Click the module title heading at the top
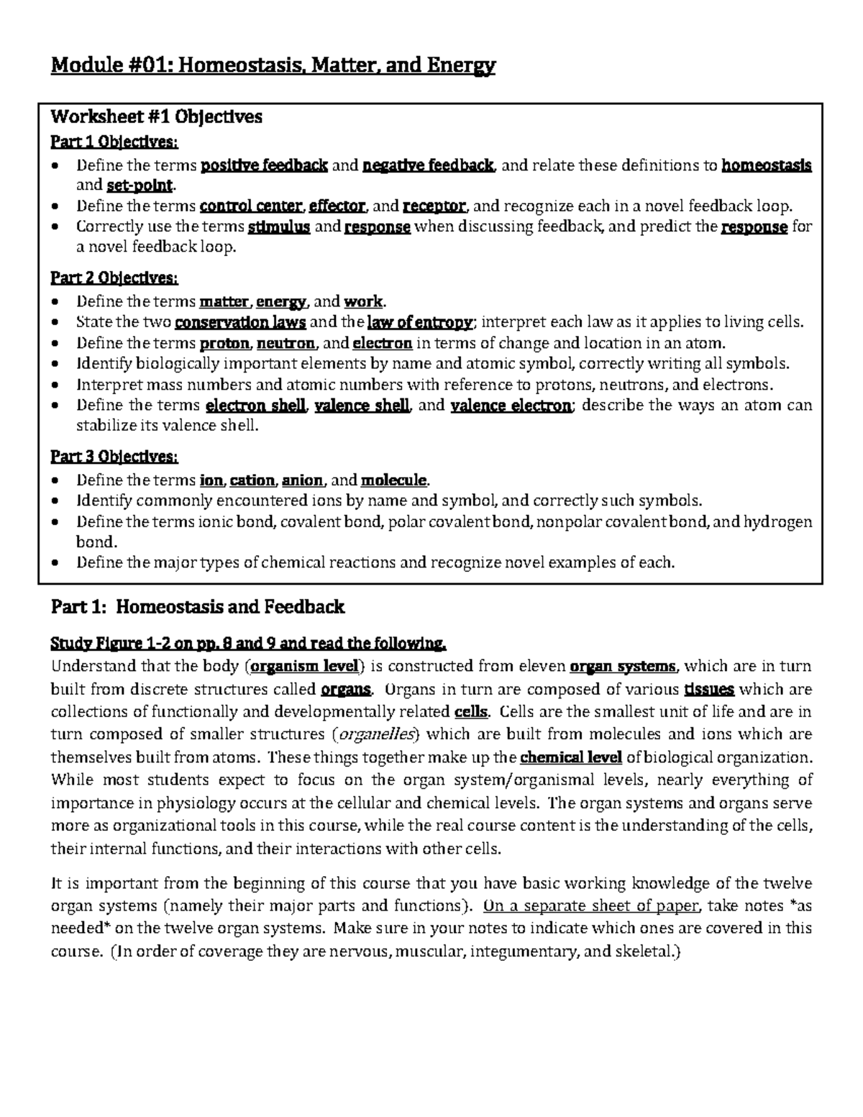click(273, 67)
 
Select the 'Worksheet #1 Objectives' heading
click(156, 117)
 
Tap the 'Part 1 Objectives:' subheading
click(114, 140)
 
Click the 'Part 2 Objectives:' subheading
click(114, 278)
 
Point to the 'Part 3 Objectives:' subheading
click(114, 457)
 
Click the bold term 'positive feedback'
click(264, 165)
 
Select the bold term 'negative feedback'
click(429, 165)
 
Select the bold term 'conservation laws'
click(241, 322)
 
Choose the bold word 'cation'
click(252, 480)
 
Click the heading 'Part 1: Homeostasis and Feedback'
click(198, 607)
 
